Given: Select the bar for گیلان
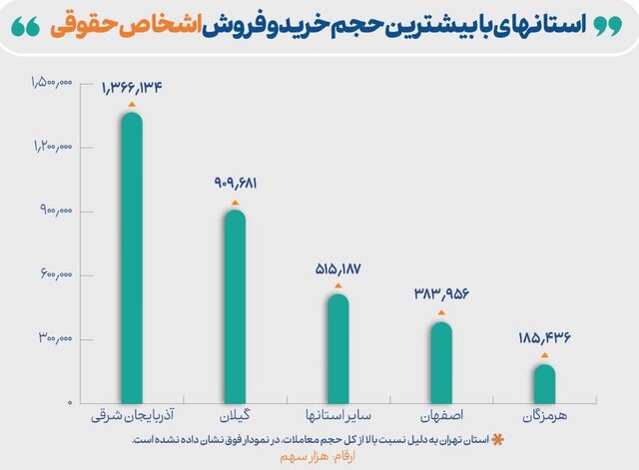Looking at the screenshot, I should [x=235, y=305].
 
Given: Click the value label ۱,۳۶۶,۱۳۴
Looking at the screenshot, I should [x=132, y=87].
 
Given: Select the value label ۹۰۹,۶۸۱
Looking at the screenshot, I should [x=236, y=184].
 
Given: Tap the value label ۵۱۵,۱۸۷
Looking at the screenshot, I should [x=339, y=268].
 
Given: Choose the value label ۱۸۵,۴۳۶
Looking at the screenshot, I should [x=545, y=337].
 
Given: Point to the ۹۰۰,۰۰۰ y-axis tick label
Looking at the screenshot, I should [x=55, y=212].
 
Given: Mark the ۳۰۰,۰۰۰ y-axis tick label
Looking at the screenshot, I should [x=55, y=340].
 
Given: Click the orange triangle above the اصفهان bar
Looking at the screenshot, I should [x=441, y=312].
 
